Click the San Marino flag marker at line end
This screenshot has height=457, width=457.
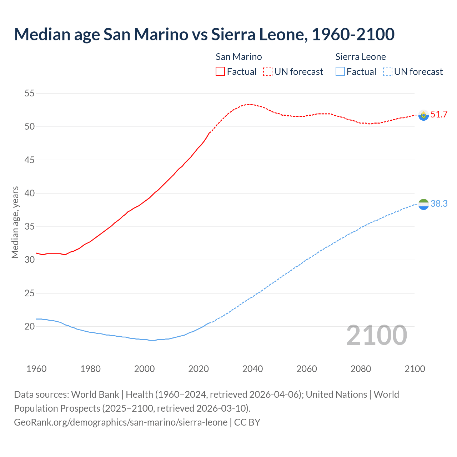point(423,115)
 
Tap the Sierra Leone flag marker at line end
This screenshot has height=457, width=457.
point(423,204)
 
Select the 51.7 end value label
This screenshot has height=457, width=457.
point(439,114)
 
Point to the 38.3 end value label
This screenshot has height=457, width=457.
point(439,204)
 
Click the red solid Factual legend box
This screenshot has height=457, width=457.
point(220,71)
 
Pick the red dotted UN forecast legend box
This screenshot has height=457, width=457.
point(268,71)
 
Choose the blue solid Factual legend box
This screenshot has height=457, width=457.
point(340,71)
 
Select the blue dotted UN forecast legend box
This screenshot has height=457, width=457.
point(387,71)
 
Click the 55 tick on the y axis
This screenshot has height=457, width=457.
point(29,94)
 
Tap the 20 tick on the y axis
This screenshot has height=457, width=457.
point(29,326)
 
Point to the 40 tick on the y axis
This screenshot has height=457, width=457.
point(29,193)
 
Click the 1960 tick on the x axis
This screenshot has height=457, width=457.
point(36,369)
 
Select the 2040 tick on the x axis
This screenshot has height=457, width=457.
point(252,369)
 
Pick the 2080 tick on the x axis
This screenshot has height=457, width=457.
point(361,369)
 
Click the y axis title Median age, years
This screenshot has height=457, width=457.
point(15,222)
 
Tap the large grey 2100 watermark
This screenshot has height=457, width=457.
point(377,335)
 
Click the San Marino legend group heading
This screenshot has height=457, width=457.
point(238,57)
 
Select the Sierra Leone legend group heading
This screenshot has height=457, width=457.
point(361,57)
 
